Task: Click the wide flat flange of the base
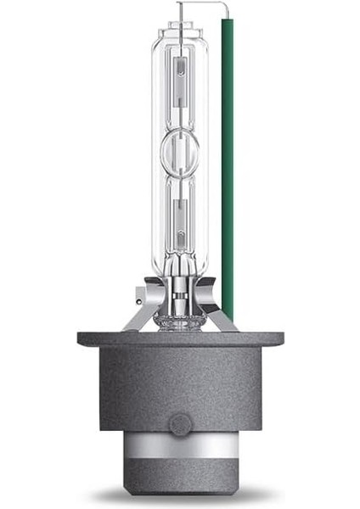point(180,338)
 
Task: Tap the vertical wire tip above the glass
point(180,8)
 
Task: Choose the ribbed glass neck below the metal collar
point(181,318)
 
